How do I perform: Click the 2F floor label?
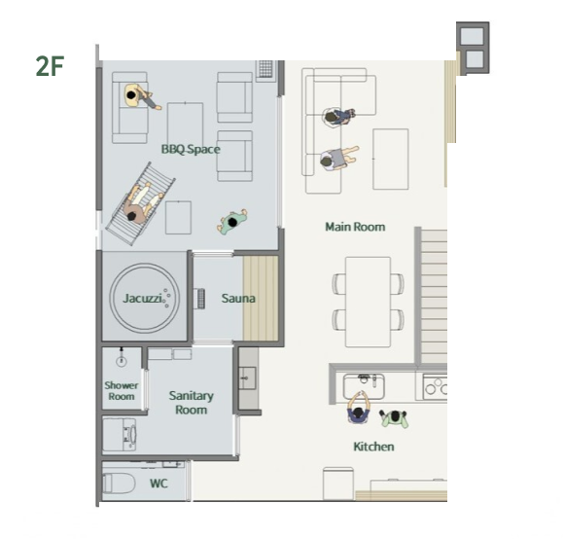(x=50, y=66)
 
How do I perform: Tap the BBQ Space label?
(x=191, y=149)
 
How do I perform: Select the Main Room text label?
(x=355, y=227)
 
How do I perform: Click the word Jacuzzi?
(x=142, y=299)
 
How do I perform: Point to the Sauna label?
(x=238, y=299)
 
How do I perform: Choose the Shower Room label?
(x=122, y=391)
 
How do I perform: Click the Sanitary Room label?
(x=191, y=403)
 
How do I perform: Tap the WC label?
(x=159, y=484)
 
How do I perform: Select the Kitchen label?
(x=373, y=447)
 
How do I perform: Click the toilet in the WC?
(x=119, y=484)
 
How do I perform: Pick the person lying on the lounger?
(x=141, y=202)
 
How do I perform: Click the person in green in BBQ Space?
(x=232, y=222)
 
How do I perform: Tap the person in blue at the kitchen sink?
(x=358, y=408)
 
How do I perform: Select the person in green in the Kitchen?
(x=395, y=417)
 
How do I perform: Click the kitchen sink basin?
(x=364, y=386)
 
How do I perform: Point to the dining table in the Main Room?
(x=368, y=302)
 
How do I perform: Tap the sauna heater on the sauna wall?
(x=199, y=299)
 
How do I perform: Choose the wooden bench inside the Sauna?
(x=261, y=299)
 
